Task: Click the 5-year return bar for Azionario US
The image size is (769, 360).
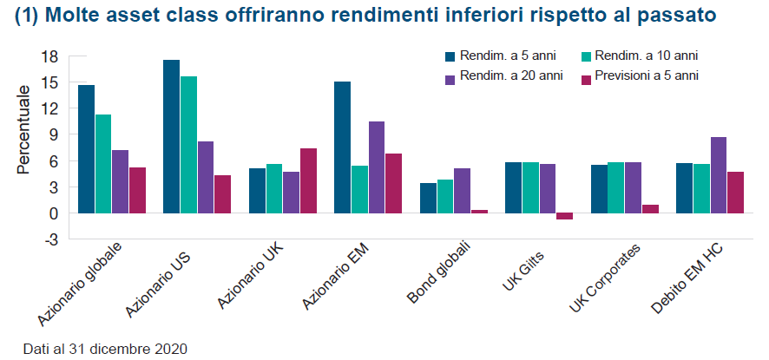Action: click(171, 136)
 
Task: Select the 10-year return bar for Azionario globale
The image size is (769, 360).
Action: click(103, 163)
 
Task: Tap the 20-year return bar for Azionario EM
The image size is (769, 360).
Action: click(377, 167)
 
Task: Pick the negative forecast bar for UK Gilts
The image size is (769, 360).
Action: click(564, 216)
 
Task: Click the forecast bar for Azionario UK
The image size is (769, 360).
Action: click(308, 180)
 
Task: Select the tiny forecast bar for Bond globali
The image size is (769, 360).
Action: click(479, 211)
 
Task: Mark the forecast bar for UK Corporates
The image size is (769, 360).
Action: click(650, 208)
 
